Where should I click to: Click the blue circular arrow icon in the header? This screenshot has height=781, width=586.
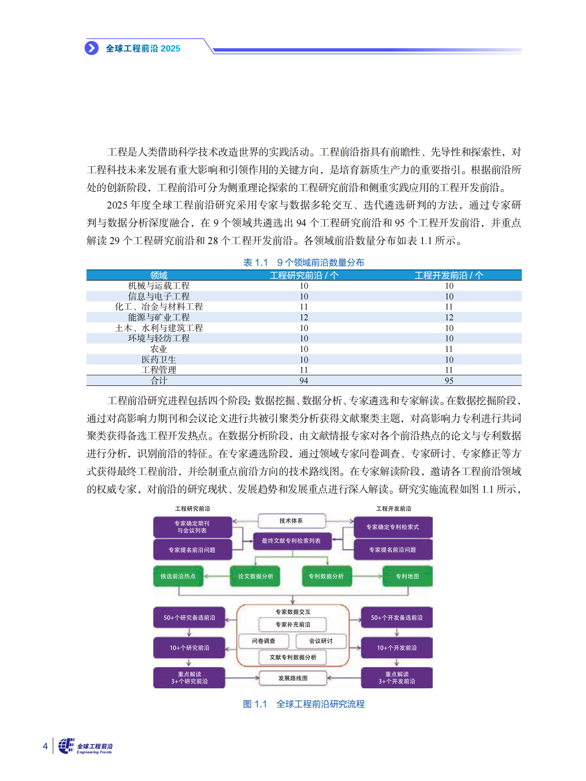tap(92, 48)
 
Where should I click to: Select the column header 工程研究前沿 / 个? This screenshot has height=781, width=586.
tap(304, 275)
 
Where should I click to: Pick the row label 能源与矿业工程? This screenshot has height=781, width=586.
tap(159, 317)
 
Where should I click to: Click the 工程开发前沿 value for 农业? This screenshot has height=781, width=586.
tap(449, 349)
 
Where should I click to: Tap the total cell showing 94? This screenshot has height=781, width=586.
tap(304, 380)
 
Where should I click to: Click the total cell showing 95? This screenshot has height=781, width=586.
tap(449, 380)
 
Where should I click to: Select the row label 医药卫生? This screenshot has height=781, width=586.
tap(159, 360)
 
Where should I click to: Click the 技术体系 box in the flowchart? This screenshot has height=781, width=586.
tap(291, 521)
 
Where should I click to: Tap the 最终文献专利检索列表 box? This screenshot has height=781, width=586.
tap(291, 541)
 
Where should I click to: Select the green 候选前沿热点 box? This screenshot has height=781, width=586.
tap(178, 576)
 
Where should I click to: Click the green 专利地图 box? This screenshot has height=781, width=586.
tap(407, 576)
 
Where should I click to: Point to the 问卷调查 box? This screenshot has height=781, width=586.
tap(264, 641)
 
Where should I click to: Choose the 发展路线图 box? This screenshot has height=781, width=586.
tap(293, 678)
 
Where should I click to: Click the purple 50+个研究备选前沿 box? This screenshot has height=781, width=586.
tap(189, 617)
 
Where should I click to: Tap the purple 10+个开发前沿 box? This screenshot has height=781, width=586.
tap(397, 648)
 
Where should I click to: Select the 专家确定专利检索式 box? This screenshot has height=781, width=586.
tap(393, 527)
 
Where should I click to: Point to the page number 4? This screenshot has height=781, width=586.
tap(45, 746)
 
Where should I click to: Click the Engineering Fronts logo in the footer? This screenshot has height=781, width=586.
tap(86, 746)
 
